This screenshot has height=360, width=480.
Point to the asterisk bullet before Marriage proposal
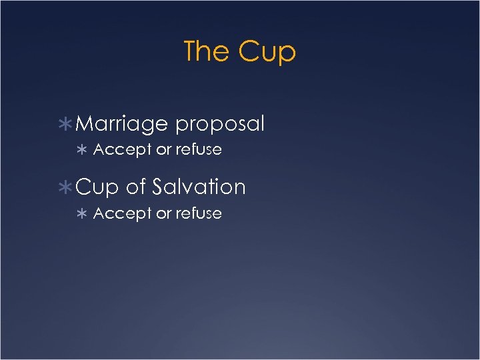(67, 124)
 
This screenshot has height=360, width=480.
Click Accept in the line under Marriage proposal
(123, 150)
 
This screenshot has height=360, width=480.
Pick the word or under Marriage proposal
(164, 150)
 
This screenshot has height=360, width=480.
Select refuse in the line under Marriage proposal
(199, 150)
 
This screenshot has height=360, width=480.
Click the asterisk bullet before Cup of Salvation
(67, 187)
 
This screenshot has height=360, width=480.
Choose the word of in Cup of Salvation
(135, 187)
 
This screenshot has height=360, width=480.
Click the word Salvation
(199, 187)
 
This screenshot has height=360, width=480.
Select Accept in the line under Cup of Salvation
(123, 214)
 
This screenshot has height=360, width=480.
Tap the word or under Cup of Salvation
(164, 214)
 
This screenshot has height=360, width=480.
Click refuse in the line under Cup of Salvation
(199, 214)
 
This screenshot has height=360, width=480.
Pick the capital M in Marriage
(86, 124)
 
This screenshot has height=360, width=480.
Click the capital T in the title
(190, 51)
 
